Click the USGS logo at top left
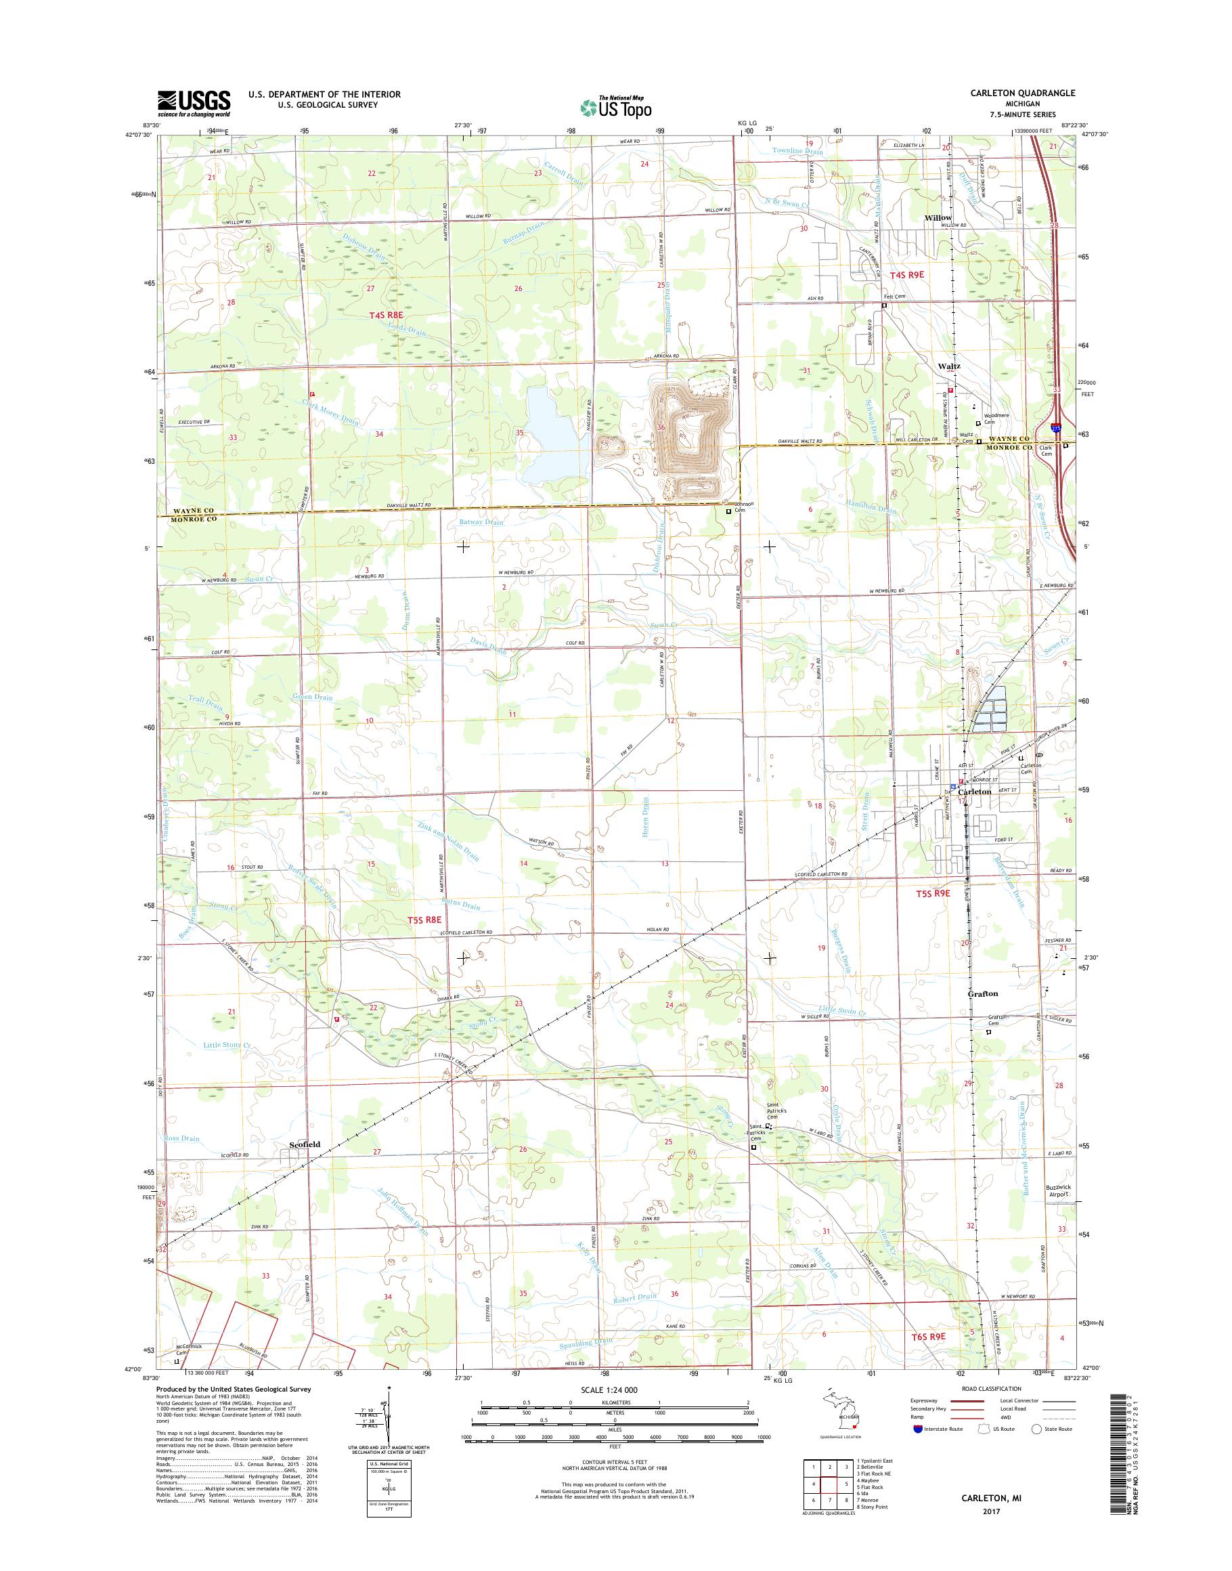tap(194, 103)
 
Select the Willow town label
tap(938, 217)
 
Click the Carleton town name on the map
tap(976, 792)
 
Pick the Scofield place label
tap(305, 1144)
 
